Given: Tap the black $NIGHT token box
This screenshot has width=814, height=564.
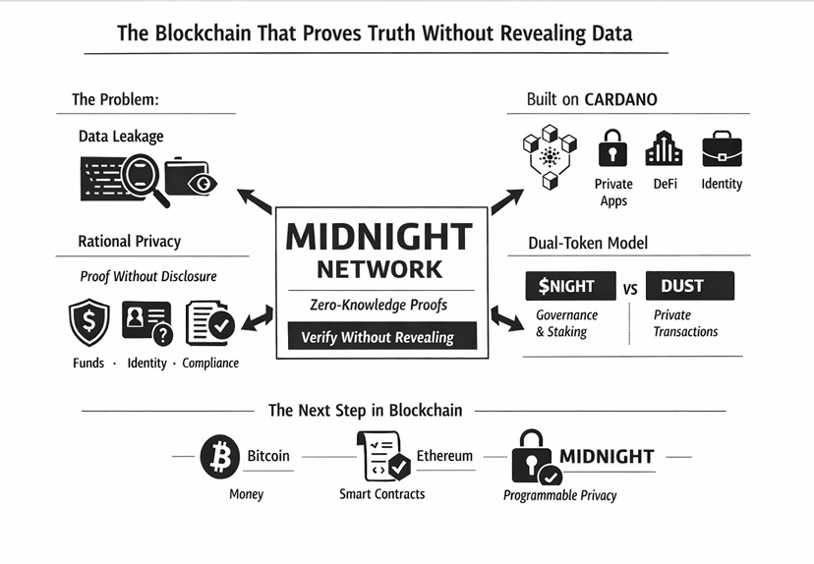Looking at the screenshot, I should click(x=566, y=286).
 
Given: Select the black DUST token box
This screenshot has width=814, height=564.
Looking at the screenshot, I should click(x=689, y=286).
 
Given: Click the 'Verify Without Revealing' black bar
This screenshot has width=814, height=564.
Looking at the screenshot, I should click(x=378, y=337).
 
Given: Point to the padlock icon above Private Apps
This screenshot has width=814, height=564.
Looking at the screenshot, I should click(x=613, y=148).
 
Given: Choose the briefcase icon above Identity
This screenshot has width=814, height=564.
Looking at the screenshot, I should click(x=721, y=149).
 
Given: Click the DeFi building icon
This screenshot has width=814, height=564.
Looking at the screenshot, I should click(x=664, y=148).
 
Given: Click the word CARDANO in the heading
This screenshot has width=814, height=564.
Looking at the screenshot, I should click(x=620, y=99).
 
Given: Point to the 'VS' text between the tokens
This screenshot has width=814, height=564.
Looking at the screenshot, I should click(x=631, y=289).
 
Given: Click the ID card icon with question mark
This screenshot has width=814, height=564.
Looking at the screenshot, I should click(x=146, y=324).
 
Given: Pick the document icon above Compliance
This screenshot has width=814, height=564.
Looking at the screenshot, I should click(x=209, y=324).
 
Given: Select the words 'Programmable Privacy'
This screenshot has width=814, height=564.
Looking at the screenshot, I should click(x=559, y=495).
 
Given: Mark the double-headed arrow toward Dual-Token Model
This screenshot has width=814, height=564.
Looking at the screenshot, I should click(x=508, y=319).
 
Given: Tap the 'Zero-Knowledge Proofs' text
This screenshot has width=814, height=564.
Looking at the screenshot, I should click(x=378, y=305).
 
